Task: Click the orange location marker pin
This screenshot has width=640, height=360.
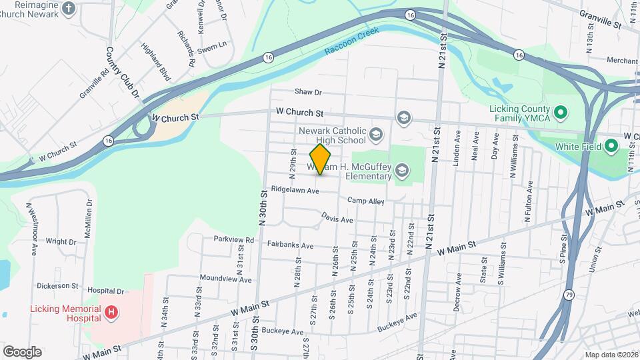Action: pos(321,159)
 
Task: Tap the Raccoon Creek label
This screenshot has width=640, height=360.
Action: pos(351,41)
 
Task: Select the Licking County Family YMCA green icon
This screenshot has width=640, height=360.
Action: pos(561,111)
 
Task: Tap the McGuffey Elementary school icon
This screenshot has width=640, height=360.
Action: pos(401,171)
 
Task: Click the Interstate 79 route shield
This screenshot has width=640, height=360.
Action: pos(569,295)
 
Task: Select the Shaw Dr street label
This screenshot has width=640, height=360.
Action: pos(309,93)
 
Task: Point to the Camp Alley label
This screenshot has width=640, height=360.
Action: pos(366,201)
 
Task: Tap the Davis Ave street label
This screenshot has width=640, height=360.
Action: pos(337,219)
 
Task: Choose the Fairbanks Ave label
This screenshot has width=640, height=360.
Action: pos(290,245)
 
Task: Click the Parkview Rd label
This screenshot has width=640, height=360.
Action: pos(234,239)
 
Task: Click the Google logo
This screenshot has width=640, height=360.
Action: pos(22,352)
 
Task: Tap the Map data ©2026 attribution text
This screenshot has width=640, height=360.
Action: pos(611,355)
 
